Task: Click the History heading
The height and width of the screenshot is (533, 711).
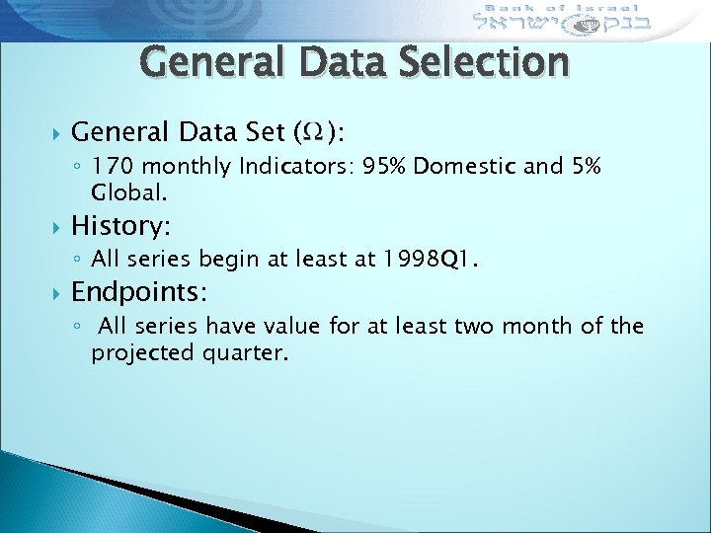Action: tap(120, 226)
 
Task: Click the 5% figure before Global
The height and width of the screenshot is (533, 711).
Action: tap(587, 169)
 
